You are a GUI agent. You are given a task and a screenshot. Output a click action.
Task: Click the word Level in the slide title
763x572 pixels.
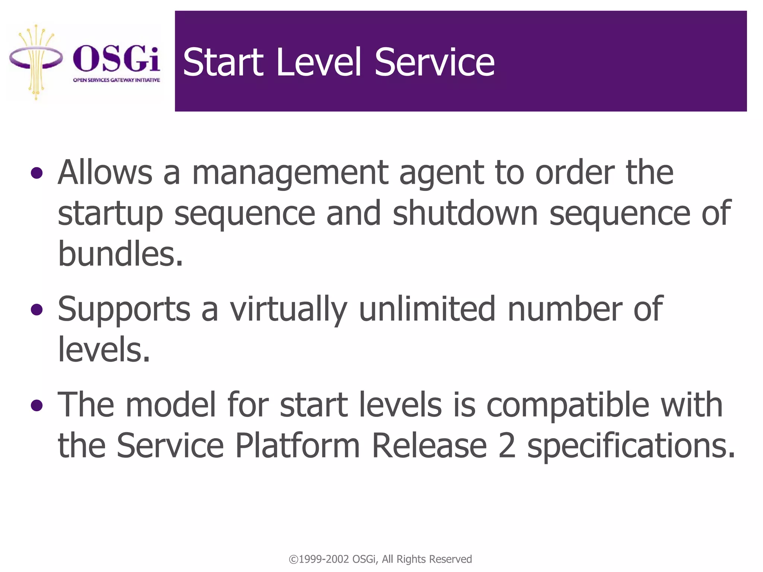319,62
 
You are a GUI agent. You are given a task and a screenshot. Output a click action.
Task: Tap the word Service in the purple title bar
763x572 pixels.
434,62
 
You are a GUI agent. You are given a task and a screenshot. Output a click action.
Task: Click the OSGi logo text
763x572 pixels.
116,59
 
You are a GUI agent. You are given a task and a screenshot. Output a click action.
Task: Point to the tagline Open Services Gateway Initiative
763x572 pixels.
116,80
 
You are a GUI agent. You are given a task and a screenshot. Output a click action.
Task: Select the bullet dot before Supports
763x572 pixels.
37,309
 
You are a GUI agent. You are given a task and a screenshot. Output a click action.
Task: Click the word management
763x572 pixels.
290,174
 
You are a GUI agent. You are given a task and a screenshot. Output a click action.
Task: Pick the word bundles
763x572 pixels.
120,254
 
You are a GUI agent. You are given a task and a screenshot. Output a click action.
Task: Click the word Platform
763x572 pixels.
297,446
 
